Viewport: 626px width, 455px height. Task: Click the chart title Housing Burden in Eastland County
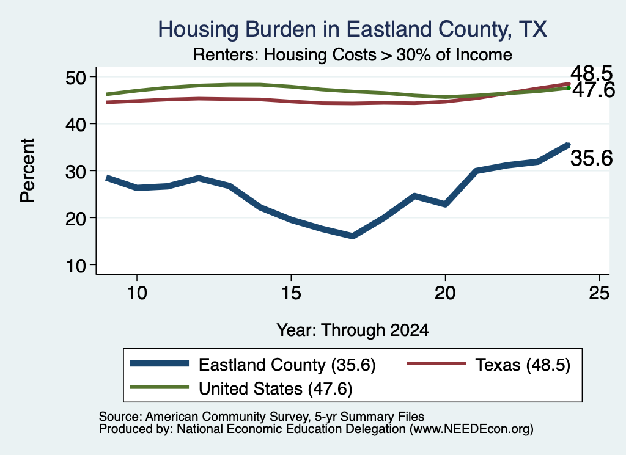353,29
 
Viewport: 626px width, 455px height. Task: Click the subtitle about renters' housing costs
353,54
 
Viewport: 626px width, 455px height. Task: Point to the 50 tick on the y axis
76,77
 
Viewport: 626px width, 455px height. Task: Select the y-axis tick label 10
76,265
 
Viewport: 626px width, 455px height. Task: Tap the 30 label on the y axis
76,171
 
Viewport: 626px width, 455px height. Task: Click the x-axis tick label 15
291,293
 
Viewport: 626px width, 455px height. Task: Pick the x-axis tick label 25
599,293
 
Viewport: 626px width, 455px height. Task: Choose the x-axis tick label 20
445,293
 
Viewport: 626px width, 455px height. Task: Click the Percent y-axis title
28,170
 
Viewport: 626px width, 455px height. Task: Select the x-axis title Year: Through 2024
353,330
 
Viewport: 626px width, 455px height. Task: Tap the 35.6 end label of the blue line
591,158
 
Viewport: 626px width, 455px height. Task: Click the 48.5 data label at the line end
591,74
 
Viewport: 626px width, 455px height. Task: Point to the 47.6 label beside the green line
594,90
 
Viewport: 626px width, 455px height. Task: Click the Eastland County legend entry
253,365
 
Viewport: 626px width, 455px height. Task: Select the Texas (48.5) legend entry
488,365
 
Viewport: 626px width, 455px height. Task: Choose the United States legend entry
241,388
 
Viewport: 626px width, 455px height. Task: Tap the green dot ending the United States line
569,88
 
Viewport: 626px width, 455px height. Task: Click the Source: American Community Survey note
262,417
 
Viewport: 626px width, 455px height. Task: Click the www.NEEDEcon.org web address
471,429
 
